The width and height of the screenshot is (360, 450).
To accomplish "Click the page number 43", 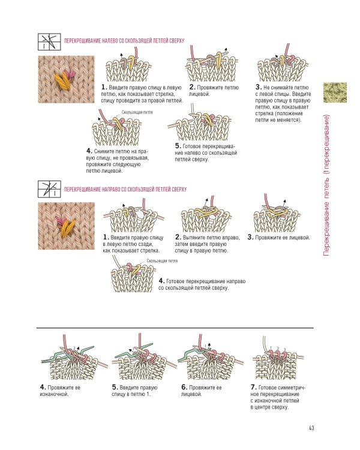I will click(312, 428).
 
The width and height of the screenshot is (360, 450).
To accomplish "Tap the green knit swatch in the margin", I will click(335, 92).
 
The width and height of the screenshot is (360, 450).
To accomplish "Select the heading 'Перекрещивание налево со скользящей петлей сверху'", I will click(124, 42).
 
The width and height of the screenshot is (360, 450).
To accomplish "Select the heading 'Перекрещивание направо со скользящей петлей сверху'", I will click(125, 189).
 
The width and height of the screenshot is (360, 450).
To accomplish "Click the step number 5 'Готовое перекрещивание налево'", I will click(178, 146).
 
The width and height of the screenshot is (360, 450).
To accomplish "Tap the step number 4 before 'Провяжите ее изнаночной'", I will click(43, 388).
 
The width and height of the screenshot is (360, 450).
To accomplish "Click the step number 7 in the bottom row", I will click(253, 388).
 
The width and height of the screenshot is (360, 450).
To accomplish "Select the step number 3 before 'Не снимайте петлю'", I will click(258, 88).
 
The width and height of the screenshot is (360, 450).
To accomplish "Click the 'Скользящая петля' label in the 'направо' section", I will click(162, 261).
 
